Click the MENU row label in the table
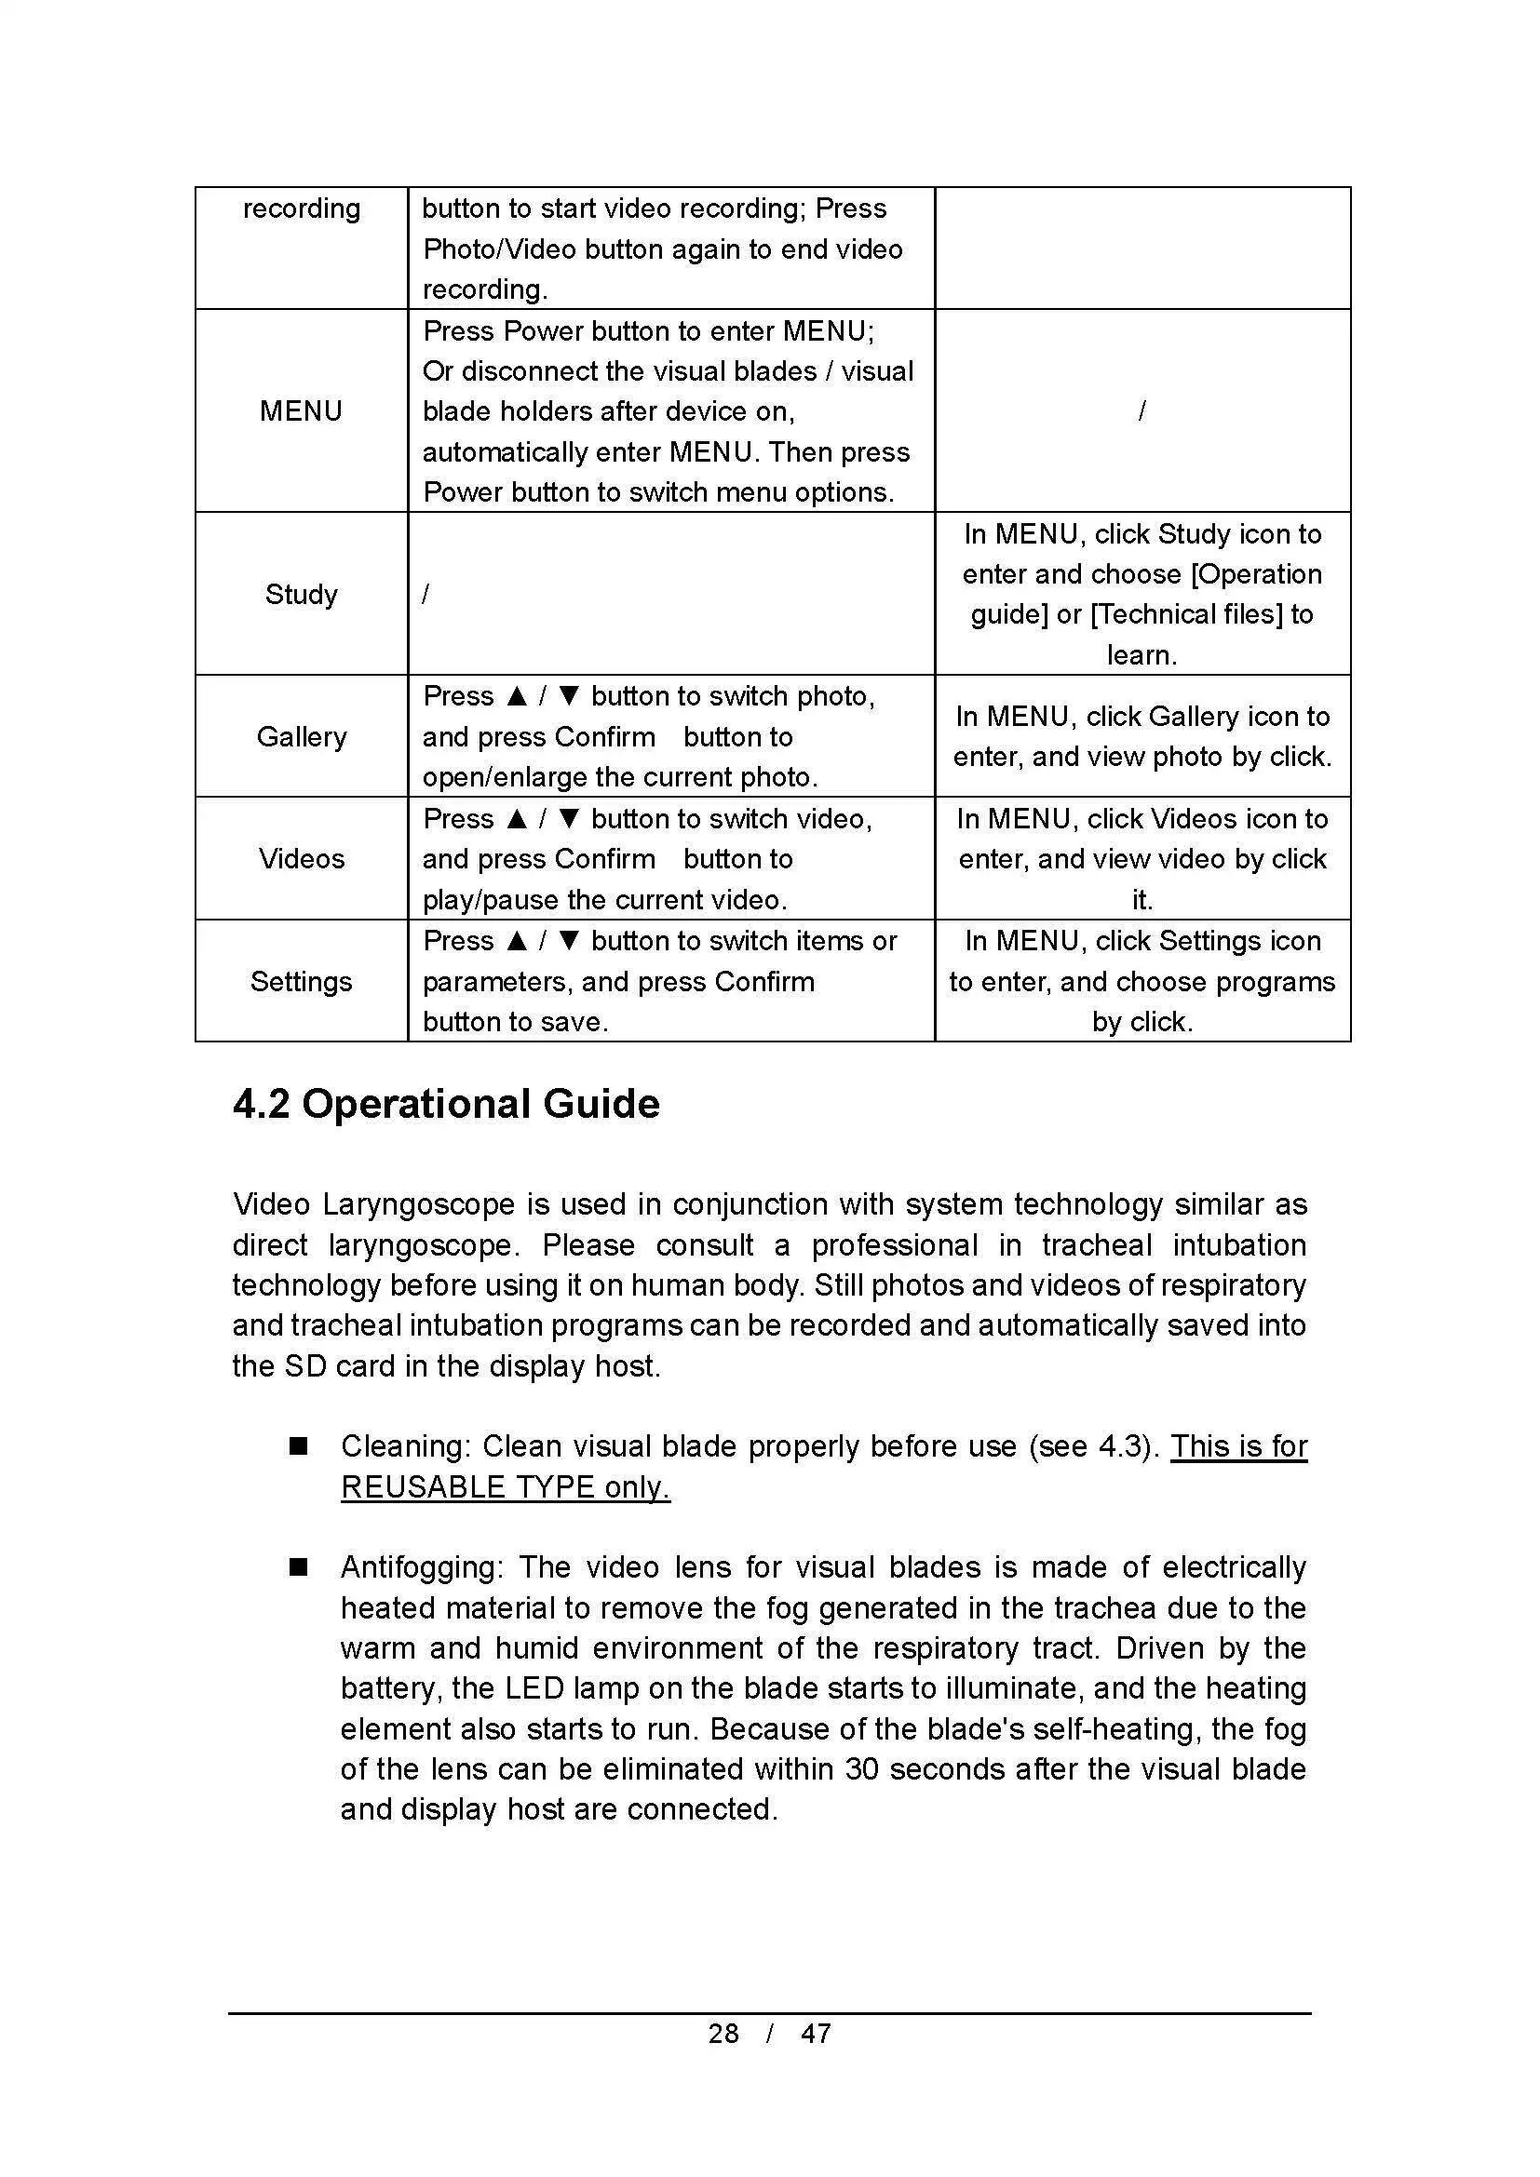301,411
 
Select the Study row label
301,595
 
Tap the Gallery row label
301,737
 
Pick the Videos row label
301,859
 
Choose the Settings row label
301,981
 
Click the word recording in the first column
301,208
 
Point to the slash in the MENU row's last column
1141,411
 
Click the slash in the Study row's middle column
426,595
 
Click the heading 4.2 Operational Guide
446,1105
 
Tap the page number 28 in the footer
723,2033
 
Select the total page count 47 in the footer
816,2033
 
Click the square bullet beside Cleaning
299,1446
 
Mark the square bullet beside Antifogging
299,1567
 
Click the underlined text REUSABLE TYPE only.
506,1486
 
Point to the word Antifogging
421,1567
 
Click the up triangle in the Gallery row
517,697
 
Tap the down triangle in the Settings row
569,942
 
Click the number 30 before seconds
862,1769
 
